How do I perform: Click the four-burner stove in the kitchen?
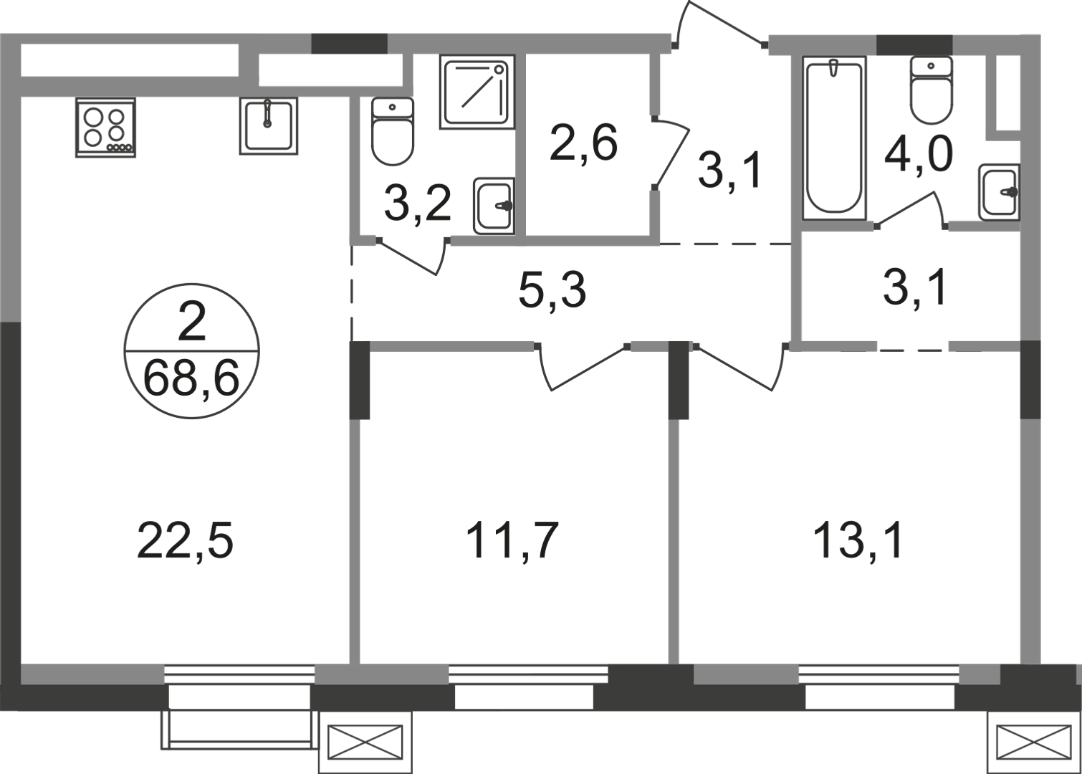(x=105, y=128)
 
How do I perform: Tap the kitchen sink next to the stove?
(x=269, y=125)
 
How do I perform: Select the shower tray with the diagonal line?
(x=477, y=92)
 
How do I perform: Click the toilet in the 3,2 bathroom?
(x=393, y=131)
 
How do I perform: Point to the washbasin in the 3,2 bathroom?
(x=494, y=206)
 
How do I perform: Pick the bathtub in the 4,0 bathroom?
(x=834, y=138)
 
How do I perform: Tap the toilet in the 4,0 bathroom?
(x=931, y=90)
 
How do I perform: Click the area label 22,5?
(x=185, y=543)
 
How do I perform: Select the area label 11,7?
(x=512, y=540)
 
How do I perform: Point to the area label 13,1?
(x=858, y=541)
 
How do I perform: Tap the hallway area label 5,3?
(x=552, y=291)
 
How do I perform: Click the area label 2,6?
(x=583, y=143)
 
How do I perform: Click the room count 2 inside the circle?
(x=192, y=323)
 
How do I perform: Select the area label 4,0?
(x=918, y=155)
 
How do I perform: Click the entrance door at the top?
(x=719, y=24)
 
